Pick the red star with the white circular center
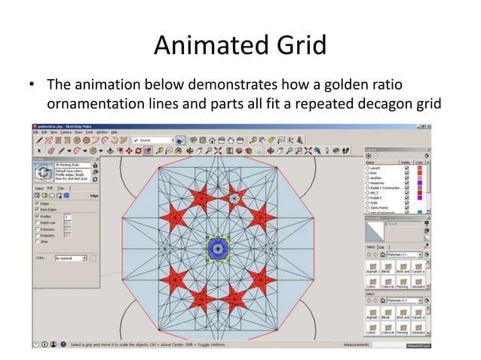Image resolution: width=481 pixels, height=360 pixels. point(234,198)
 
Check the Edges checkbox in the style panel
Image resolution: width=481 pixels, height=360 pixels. point(37,203)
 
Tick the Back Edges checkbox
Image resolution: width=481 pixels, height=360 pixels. point(37,209)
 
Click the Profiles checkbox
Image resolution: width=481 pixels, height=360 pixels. point(37,216)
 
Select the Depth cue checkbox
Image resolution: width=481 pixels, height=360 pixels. point(37,223)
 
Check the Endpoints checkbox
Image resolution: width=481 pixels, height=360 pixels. point(37,236)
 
